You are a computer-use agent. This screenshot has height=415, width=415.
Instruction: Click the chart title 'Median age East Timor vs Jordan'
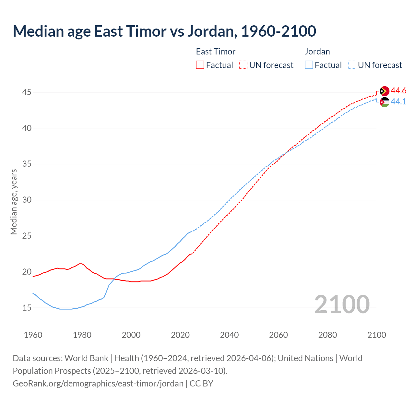(164, 31)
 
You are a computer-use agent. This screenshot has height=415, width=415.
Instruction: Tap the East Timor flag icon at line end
(384, 91)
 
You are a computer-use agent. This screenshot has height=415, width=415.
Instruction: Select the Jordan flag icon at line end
(384, 102)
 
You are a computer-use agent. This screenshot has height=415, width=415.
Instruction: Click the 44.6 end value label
(398, 91)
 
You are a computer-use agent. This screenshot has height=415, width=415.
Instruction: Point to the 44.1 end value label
(398, 102)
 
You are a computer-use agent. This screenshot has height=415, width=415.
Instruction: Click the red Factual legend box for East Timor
(200, 65)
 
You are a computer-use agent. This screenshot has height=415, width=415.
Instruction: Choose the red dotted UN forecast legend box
(243, 65)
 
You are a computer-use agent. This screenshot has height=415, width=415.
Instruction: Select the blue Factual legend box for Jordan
(309, 65)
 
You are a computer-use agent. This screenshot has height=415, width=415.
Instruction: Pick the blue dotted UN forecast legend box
(352, 65)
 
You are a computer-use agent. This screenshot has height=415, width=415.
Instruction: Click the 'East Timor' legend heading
(216, 52)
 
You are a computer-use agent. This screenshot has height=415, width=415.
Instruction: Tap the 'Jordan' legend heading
(317, 52)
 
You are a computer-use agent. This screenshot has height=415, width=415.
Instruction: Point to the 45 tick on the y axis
(27, 92)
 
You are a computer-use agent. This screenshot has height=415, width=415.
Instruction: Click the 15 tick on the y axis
(27, 308)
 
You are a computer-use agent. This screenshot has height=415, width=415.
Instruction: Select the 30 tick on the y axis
(27, 200)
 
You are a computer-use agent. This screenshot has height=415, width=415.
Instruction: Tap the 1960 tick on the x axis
(33, 335)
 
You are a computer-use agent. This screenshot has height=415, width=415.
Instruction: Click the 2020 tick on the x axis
(180, 335)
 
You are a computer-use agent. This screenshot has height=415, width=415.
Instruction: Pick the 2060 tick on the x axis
(279, 335)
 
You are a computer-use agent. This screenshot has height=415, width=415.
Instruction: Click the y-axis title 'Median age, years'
(14, 202)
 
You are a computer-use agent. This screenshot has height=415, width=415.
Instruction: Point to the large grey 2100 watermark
(342, 304)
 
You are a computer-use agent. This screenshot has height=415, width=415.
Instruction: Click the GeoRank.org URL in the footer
(98, 384)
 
